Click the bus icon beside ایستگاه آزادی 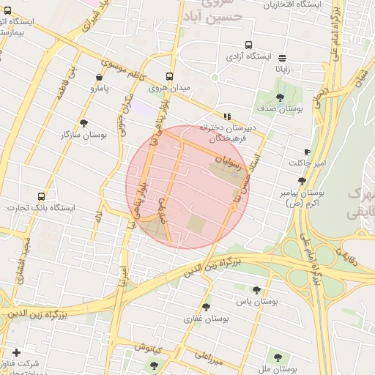click(x=249, y=45)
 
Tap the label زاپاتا click(x=282, y=69)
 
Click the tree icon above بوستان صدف click(x=281, y=97)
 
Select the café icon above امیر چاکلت click(x=316, y=152)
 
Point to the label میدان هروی click(x=169, y=88)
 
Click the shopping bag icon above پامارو click(x=99, y=77)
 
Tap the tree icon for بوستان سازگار click(x=83, y=124)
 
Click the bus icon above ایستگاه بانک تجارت click(x=41, y=196)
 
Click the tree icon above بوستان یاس click(x=256, y=290)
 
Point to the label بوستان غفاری click(x=207, y=319)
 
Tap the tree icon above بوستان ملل click(x=277, y=358)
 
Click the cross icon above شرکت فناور click(x=17, y=352)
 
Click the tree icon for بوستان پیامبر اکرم click(x=302, y=182)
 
